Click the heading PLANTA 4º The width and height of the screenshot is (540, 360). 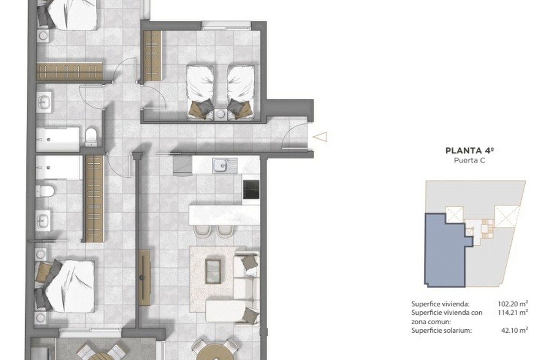(470, 150)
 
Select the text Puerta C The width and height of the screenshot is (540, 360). (470, 160)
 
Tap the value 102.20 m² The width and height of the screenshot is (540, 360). (513, 304)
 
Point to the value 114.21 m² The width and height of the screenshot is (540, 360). (513, 313)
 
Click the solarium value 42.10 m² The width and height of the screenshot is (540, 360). (515, 330)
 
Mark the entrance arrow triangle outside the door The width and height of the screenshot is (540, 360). (320, 137)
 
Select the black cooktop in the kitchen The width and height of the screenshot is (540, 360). (251, 189)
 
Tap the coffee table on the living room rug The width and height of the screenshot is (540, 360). (213, 271)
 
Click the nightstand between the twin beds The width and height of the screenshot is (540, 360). (220, 114)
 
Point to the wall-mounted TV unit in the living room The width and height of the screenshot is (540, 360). (144, 278)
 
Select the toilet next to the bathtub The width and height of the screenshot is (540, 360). (91, 137)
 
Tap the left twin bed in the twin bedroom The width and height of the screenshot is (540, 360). (200, 92)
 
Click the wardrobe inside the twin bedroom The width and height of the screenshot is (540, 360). (152, 56)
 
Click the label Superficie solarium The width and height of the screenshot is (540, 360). (441, 330)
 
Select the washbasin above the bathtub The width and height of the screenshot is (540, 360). (44, 102)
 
